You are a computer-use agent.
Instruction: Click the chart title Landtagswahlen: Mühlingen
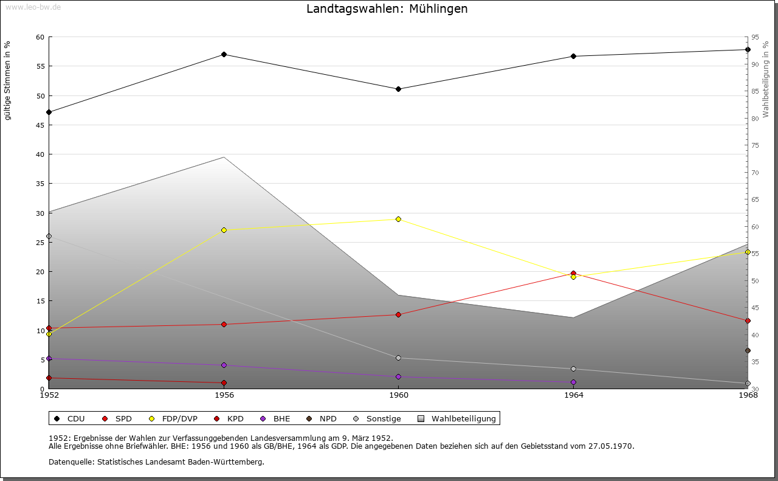(x=387, y=9)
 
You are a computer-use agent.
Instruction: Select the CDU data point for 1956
(x=224, y=55)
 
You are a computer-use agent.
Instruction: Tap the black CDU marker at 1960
(x=398, y=89)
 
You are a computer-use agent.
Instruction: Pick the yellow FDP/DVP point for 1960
(x=398, y=219)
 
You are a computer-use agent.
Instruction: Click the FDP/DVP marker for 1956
(x=224, y=230)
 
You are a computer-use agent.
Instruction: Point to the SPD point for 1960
(x=398, y=314)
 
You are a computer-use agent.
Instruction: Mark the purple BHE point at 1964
(x=573, y=382)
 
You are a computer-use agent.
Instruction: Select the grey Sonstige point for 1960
(x=398, y=358)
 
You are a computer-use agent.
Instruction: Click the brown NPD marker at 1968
(x=748, y=350)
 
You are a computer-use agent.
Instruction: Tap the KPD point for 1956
(x=224, y=382)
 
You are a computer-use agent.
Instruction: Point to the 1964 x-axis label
(x=573, y=395)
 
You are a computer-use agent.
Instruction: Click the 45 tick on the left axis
(x=40, y=125)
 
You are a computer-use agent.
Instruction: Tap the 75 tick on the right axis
(x=754, y=145)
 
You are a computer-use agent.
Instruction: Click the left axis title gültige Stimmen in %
(x=8, y=80)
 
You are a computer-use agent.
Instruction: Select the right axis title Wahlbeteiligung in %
(x=766, y=79)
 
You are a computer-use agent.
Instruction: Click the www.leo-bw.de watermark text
(x=32, y=5)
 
